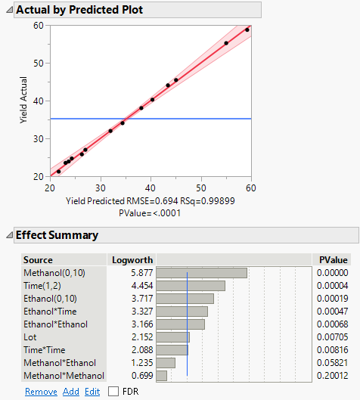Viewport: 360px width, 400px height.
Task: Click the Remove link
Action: (x=40, y=391)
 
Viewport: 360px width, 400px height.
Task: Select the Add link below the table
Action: (x=70, y=391)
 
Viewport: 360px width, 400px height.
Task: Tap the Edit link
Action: (x=92, y=391)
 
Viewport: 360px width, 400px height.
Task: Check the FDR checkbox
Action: (x=113, y=391)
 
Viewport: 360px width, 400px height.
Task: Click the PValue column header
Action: (x=334, y=259)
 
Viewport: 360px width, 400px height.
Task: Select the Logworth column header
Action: (x=126, y=259)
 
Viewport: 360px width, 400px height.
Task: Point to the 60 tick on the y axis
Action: (x=39, y=26)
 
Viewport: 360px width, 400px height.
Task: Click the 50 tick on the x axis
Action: (x=201, y=188)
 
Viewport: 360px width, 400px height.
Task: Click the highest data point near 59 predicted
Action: (x=247, y=29)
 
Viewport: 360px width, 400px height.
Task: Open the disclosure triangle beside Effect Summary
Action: (x=8, y=235)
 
